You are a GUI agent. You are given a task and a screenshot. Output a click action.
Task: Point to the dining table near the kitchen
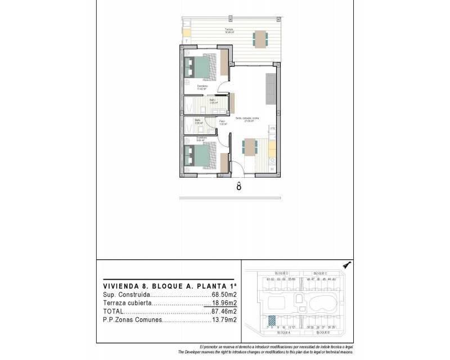249,147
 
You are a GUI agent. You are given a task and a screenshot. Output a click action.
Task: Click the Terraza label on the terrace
229,29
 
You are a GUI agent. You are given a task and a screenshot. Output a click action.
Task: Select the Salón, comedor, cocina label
247,118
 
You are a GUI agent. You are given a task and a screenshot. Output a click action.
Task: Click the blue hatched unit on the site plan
272,320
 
